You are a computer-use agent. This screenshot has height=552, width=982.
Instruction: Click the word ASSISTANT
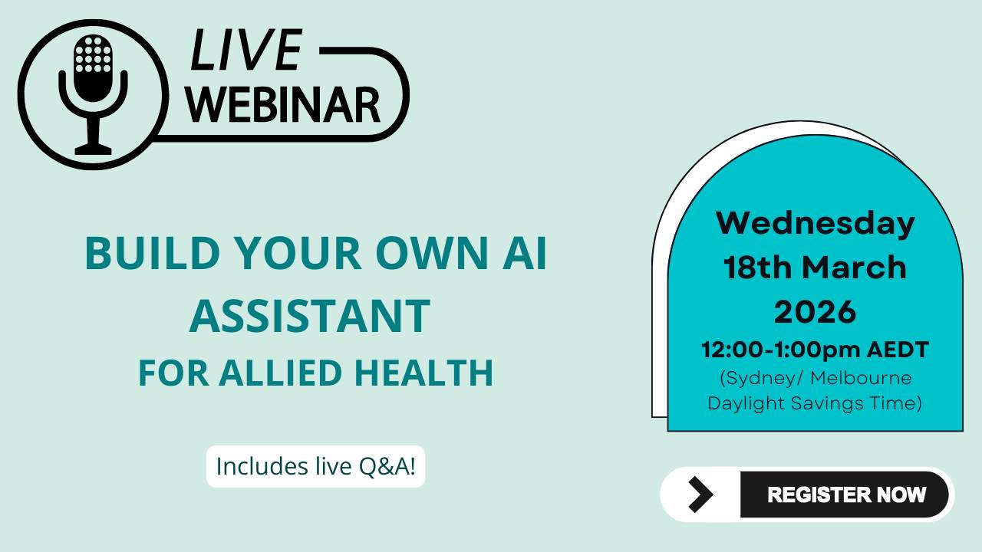(309, 316)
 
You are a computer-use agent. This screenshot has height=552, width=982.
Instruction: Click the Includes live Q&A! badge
(315, 466)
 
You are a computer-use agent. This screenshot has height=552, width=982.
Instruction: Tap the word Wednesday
(815, 223)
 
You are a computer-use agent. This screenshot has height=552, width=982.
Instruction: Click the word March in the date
(854, 268)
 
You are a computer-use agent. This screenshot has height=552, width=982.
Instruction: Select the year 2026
(815, 312)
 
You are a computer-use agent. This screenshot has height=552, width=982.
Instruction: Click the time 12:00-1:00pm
(781, 350)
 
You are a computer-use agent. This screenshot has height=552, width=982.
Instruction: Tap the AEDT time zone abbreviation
(898, 350)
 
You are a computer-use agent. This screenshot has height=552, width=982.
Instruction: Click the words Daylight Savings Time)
(815, 402)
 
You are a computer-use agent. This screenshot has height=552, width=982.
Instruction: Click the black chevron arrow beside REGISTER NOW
(699, 495)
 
